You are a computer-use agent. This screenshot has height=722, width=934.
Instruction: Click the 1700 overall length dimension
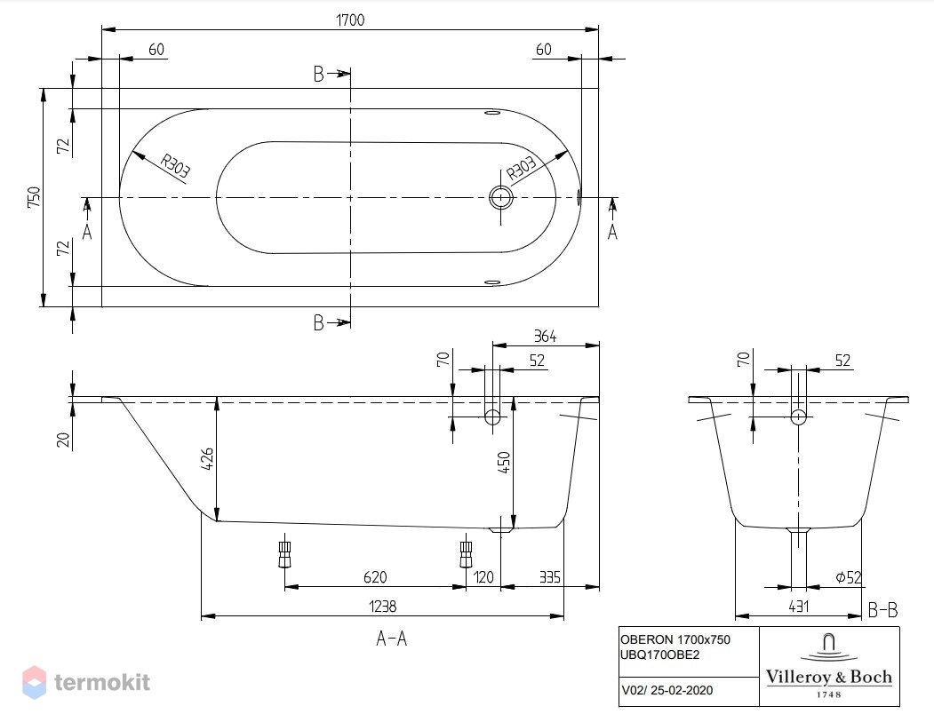click(x=350, y=20)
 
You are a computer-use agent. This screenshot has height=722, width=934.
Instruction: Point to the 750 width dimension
click(x=34, y=197)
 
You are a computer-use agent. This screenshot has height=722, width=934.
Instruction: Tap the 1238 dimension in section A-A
click(x=382, y=606)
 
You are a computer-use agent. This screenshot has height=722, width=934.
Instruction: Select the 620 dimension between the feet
click(x=375, y=576)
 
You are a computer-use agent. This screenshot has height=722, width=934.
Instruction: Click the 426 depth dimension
click(x=207, y=459)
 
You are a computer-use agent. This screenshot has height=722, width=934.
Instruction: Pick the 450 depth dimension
click(x=504, y=462)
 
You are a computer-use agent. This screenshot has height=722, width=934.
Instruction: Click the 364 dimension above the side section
click(x=545, y=337)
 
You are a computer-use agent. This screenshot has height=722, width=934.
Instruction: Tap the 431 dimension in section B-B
click(x=799, y=606)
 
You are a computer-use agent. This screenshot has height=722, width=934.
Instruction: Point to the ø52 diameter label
click(x=848, y=576)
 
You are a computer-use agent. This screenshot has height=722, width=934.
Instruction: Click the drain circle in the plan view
click(x=501, y=197)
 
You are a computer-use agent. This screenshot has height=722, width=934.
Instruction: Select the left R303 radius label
click(x=175, y=166)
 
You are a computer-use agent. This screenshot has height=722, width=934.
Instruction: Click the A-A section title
click(x=391, y=639)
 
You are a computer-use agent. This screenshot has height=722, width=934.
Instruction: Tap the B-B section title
click(x=882, y=609)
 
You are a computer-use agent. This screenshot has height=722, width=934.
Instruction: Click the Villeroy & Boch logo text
click(x=828, y=677)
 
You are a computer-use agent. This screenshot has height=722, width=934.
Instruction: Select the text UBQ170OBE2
click(x=660, y=655)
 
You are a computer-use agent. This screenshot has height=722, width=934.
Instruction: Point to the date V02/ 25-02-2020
click(x=667, y=690)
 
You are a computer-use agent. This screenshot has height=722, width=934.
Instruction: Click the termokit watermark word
click(x=102, y=682)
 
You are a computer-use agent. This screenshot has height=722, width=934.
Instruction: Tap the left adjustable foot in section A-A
click(x=284, y=554)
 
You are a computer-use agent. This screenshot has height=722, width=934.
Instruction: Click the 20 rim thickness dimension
click(x=64, y=440)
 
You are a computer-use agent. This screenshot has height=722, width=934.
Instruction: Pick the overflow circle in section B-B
click(x=798, y=417)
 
